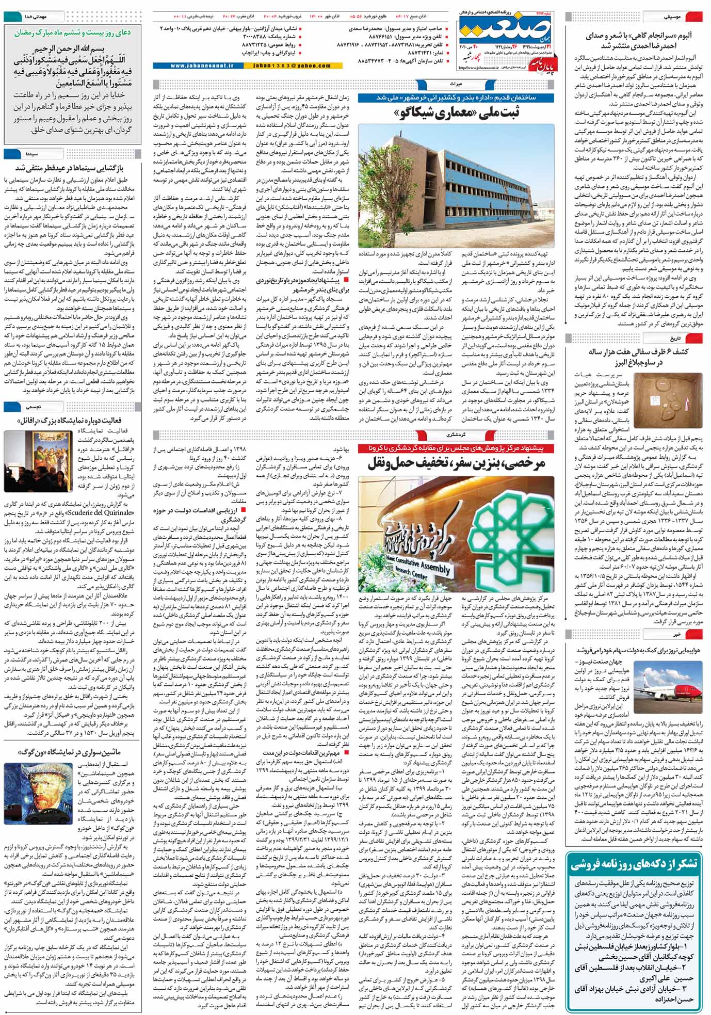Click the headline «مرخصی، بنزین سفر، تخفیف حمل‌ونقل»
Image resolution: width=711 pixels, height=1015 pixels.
tap(456, 463)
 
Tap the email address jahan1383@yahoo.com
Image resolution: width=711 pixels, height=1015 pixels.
tap(292, 66)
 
